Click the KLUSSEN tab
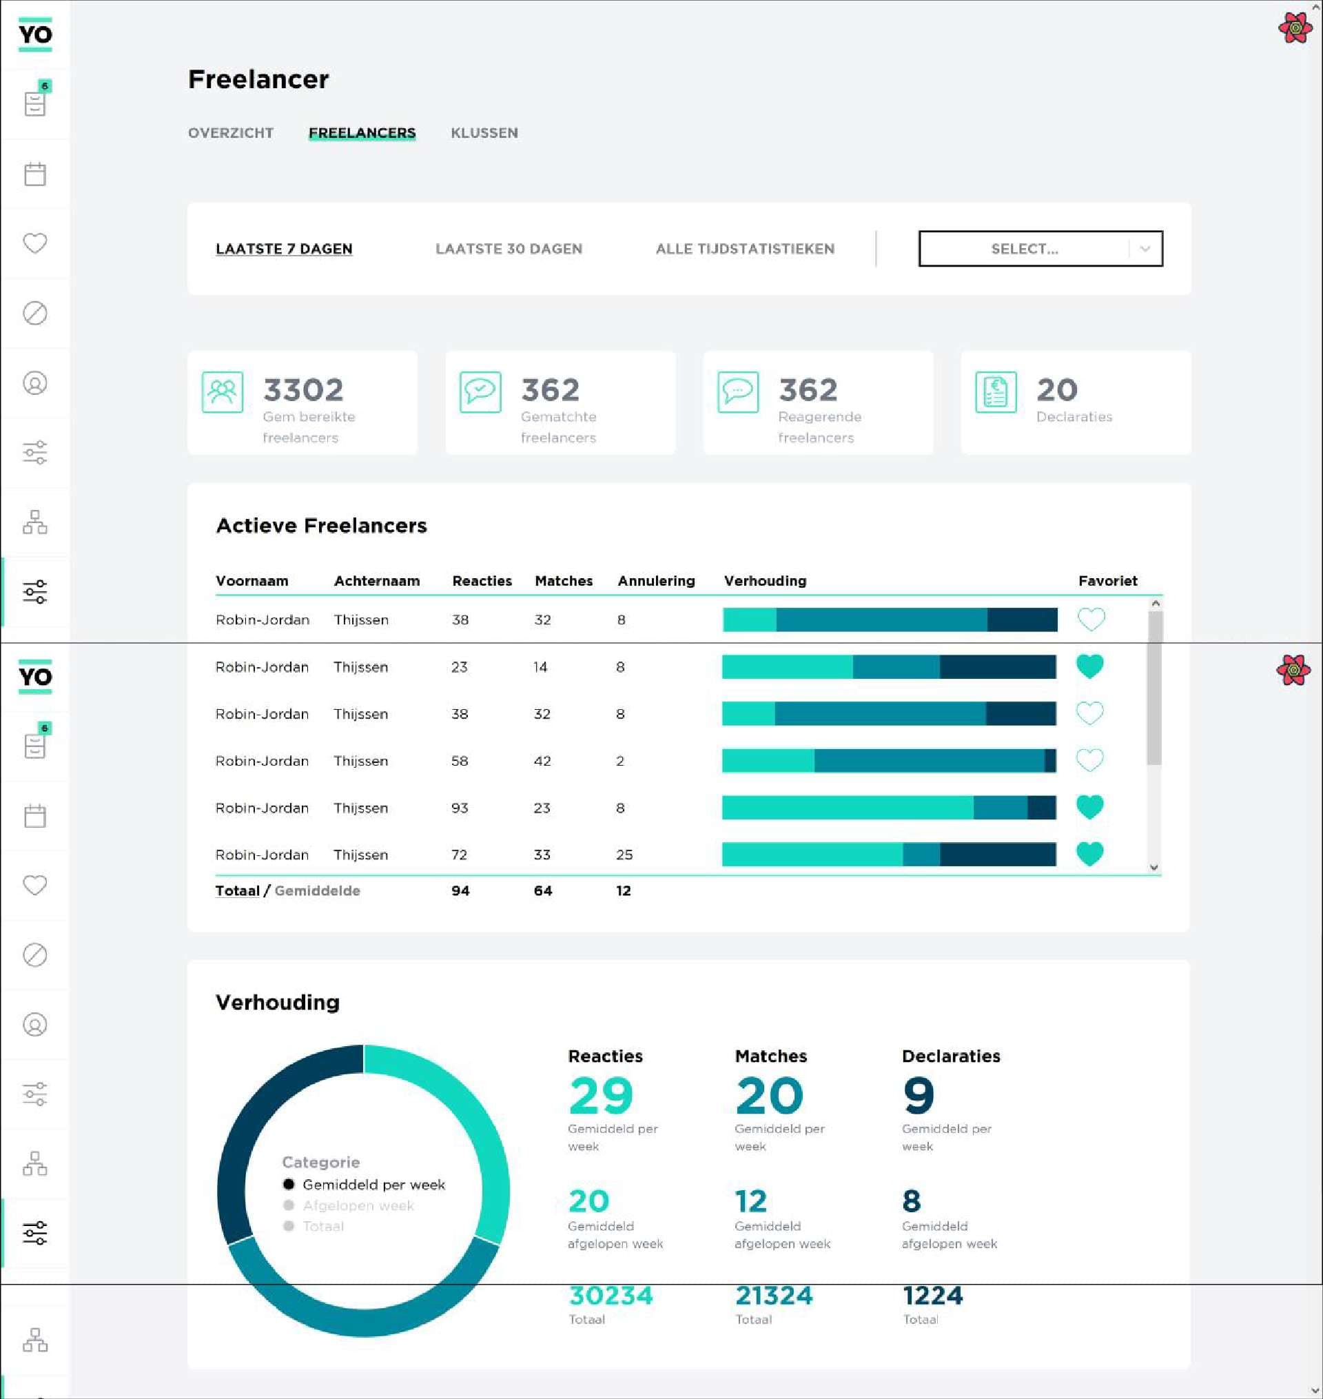coord(484,132)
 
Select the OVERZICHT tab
coord(231,132)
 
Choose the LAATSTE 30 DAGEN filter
coord(509,249)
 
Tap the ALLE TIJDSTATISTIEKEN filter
coord(745,249)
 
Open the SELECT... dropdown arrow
coord(1145,249)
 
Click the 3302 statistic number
coord(303,390)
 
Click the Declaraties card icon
coord(995,392)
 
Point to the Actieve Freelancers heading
coord(321,525)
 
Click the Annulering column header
coord(656,581)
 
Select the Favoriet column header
coord(1107,581)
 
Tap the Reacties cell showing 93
coord(460,808)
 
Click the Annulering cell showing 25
coord(624,855)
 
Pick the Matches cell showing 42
coord(542,761)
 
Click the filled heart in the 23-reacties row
coord(1089,666)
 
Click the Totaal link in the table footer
coord(237,890)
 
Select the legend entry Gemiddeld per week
coord(373,1185)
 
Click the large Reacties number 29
coord(601,1095)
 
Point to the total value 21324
coord(774,1296)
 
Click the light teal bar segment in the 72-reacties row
coord(811,855)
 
